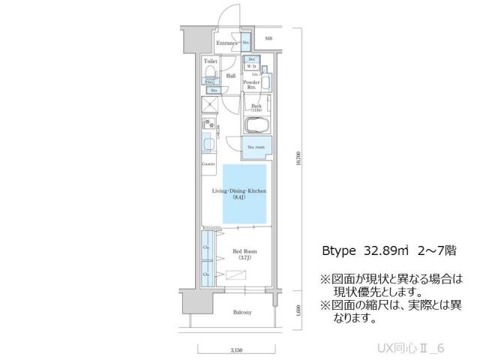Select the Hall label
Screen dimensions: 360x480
tap(231, 75)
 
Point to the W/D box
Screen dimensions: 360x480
tap(253, 65)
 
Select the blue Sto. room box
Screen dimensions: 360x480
tap(256, 147)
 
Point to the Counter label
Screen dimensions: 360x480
tap(208, 163)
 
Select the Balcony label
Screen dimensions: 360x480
tap(241, 312)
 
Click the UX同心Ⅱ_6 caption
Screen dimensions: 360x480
tap(421, 348)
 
